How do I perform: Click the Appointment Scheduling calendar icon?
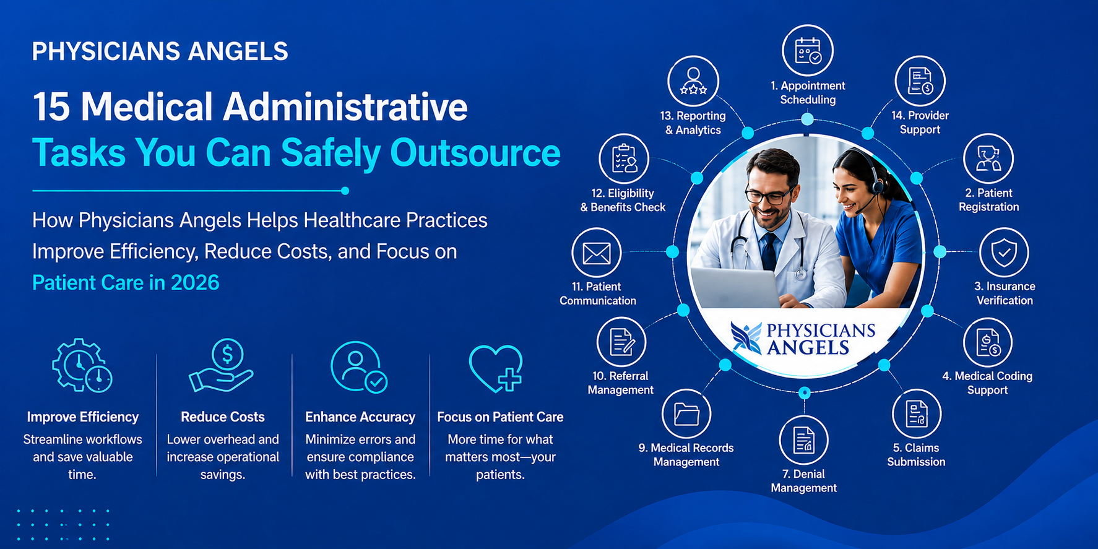(x=808, y=50)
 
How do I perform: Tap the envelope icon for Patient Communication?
(x=597, y=253)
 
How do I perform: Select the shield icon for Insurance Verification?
(x=1004, y=252)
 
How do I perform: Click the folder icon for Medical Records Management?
(x=686, y=413)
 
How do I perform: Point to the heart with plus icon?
(x=496, y=368)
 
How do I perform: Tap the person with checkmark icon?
(x=359, y=367)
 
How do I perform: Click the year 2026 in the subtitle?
(x=195, y=283)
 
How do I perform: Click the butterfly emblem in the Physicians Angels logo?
(x=746, y=338)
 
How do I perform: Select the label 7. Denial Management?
(x=803, y=481)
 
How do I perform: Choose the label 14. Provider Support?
(x=920, y=123)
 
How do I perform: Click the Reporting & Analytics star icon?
(x=693, y=81)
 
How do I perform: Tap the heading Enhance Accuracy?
(x=360, y=417)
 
